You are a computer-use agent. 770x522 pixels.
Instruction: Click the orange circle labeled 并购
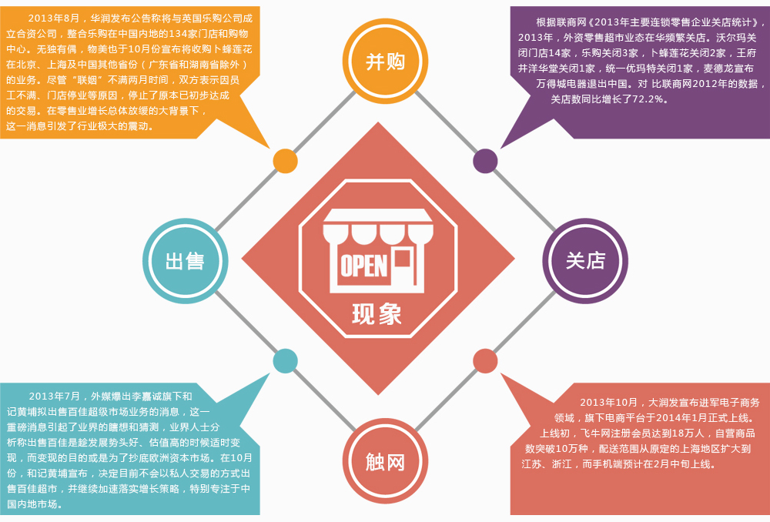pos(385,61)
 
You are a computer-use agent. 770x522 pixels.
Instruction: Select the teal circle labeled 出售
pos(185,261)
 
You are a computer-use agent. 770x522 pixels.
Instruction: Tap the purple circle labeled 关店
pos(585,261)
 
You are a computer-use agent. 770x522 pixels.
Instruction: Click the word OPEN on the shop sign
pos(363,265)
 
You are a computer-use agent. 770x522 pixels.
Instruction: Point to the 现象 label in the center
pos(377,313)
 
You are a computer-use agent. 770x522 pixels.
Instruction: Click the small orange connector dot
pos(285,161)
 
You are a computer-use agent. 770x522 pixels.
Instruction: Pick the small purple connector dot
pos(485,161)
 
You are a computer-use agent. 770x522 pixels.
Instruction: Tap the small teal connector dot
pos(285,360)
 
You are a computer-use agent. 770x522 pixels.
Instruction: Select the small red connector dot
pos(485,360)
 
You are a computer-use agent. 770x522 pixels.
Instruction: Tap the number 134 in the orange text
pos(178,34)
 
